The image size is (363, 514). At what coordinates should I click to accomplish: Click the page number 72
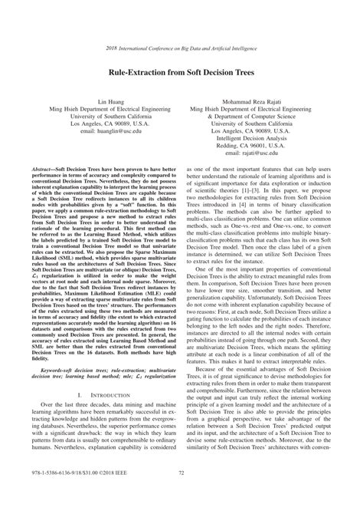click(x=181, y=496)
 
